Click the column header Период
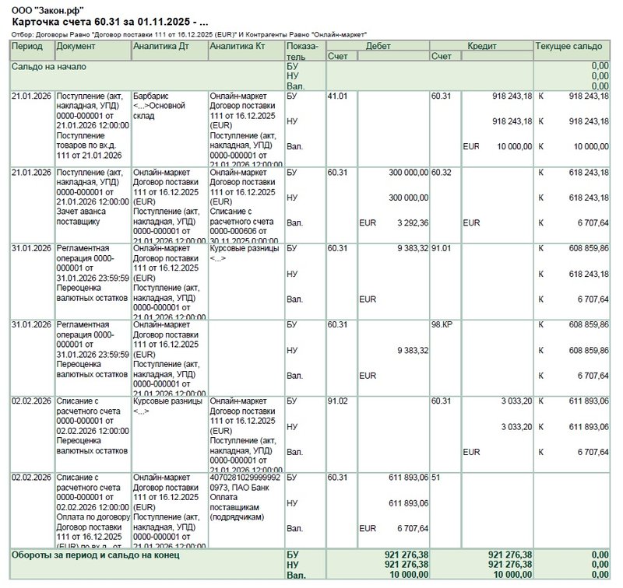pos(27,47)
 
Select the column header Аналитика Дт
pos(161,47)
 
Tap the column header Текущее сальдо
pos(569,47)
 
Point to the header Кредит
pos(481,47)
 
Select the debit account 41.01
pos(338,96)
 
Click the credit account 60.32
pos(442,172)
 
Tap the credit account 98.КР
pos(442,324)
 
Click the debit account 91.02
pos(338,401)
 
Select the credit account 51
pos(437,477)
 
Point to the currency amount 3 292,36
pos(408,222)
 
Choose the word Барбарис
pos(152,96)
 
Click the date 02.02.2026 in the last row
pos(31,477)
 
